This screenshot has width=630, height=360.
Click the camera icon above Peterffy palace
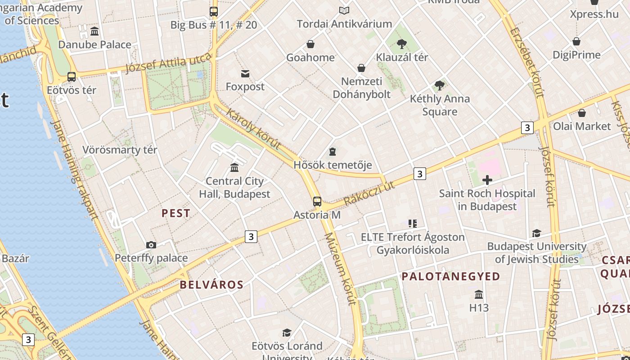pyautogui.click(x=151, y=245)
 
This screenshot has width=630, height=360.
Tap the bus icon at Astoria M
pyautogui.click(x=317, y=201)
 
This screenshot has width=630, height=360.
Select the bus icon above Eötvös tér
pyautogui.click(x=72, y=76)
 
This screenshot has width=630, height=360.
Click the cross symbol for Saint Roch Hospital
pyautogui.click(x=487, y=180)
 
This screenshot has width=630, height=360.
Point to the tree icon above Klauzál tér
pyautogui.click(x=401, y=44)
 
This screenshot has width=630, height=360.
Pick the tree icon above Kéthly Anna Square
pyautogui.click(x=440, y=85)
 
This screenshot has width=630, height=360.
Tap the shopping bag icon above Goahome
pyautogui.click(x=310, y=44)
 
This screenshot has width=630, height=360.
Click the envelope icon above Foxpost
pyautogui.click(x=245, y=73)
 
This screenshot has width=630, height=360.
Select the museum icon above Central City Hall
pyautogui.click(x=234, y=168)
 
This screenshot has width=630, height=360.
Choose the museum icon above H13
pyautogui.click(x=479, y=294)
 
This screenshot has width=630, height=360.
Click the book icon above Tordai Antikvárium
pyautogui.click(x=344, y=10)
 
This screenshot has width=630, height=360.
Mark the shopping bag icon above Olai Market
pyautogui.click(x=582, y=113)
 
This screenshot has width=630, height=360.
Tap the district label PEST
pyautogui.click(x=176, y=213)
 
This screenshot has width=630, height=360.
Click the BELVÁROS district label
pyautogui.click(x=211, y=284)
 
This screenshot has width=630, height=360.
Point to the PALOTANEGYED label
pyautogui.click(x=451, y=276)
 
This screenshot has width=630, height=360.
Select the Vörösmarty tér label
pyautogui.click(x=120, y=150)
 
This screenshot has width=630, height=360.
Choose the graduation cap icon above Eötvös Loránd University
pyautogui.click(x=287, y=333)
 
